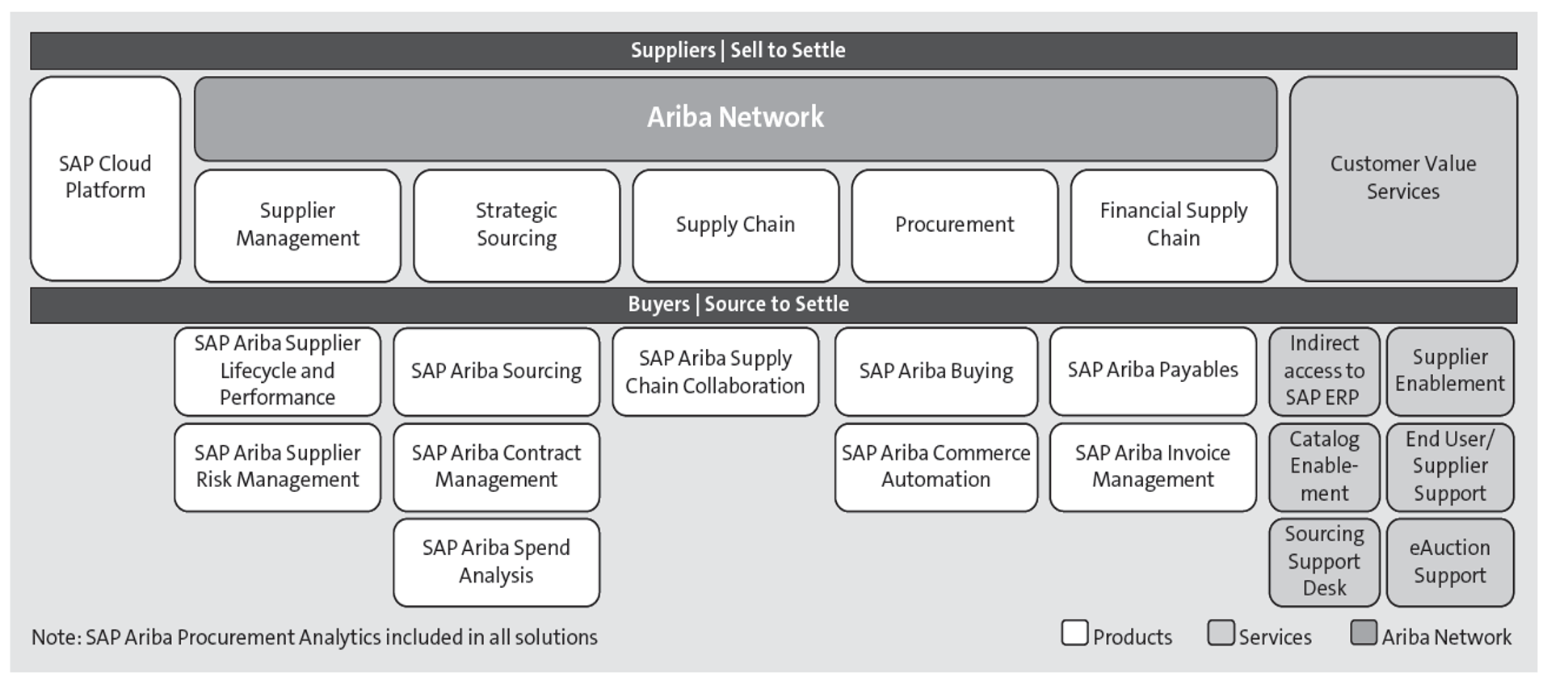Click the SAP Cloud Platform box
105,178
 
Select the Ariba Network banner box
735,118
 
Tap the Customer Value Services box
1402,178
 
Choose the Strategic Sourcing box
516,225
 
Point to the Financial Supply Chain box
1173,225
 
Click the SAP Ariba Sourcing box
496,371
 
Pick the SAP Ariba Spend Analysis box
496,561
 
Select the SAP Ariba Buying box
935,371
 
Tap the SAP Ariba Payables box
1152,371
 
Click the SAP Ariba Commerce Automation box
935,466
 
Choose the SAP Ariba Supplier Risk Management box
277,466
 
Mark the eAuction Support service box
1449,561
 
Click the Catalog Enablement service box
1323,466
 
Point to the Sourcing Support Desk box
1323,561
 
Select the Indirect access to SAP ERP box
1323,371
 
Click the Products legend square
1074,632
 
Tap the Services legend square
1220,632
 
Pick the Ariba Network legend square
1363,632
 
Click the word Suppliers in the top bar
672,50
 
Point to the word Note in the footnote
54,637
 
